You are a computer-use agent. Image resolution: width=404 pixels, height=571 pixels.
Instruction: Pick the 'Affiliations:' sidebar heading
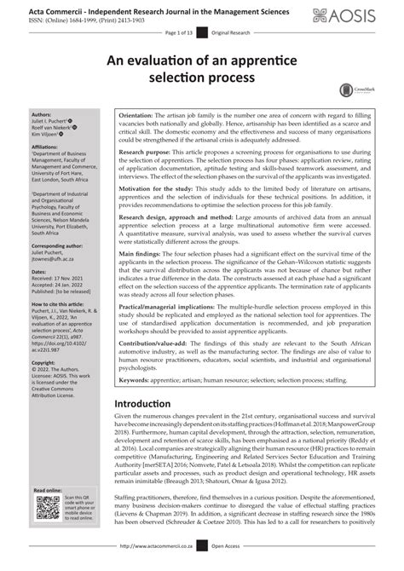(x=45, y=146)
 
